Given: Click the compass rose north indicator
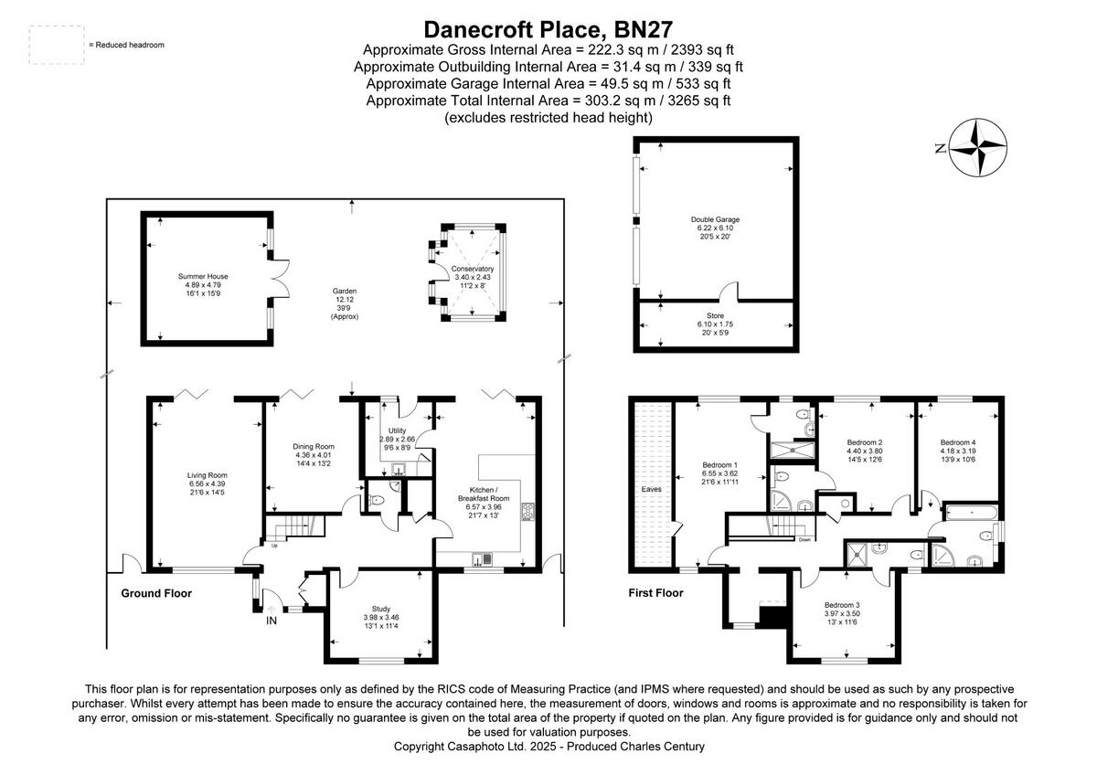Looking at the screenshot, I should [x=978, y=148].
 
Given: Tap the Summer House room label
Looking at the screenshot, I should [x=203, y=276].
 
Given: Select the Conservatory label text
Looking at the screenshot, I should [x=473, y=268].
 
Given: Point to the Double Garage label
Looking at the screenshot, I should [x=715, y=219].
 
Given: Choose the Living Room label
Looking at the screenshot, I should [x=207, y=474].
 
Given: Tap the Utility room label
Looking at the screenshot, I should [x=397, y=430].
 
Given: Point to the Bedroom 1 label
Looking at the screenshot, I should [x=720, y=463].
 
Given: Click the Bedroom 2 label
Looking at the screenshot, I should [x=865, y=442].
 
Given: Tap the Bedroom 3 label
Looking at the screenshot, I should [x=842, y=605].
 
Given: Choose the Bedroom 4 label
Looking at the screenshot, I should [x=958, y=441].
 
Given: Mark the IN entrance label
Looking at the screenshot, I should [x=271, y=621].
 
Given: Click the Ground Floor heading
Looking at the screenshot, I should [x=156, y=593].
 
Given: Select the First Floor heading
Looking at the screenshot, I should [x=655, y=593].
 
